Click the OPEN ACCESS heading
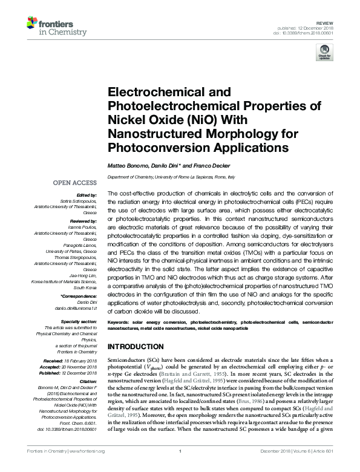74,182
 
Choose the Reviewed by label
82,222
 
